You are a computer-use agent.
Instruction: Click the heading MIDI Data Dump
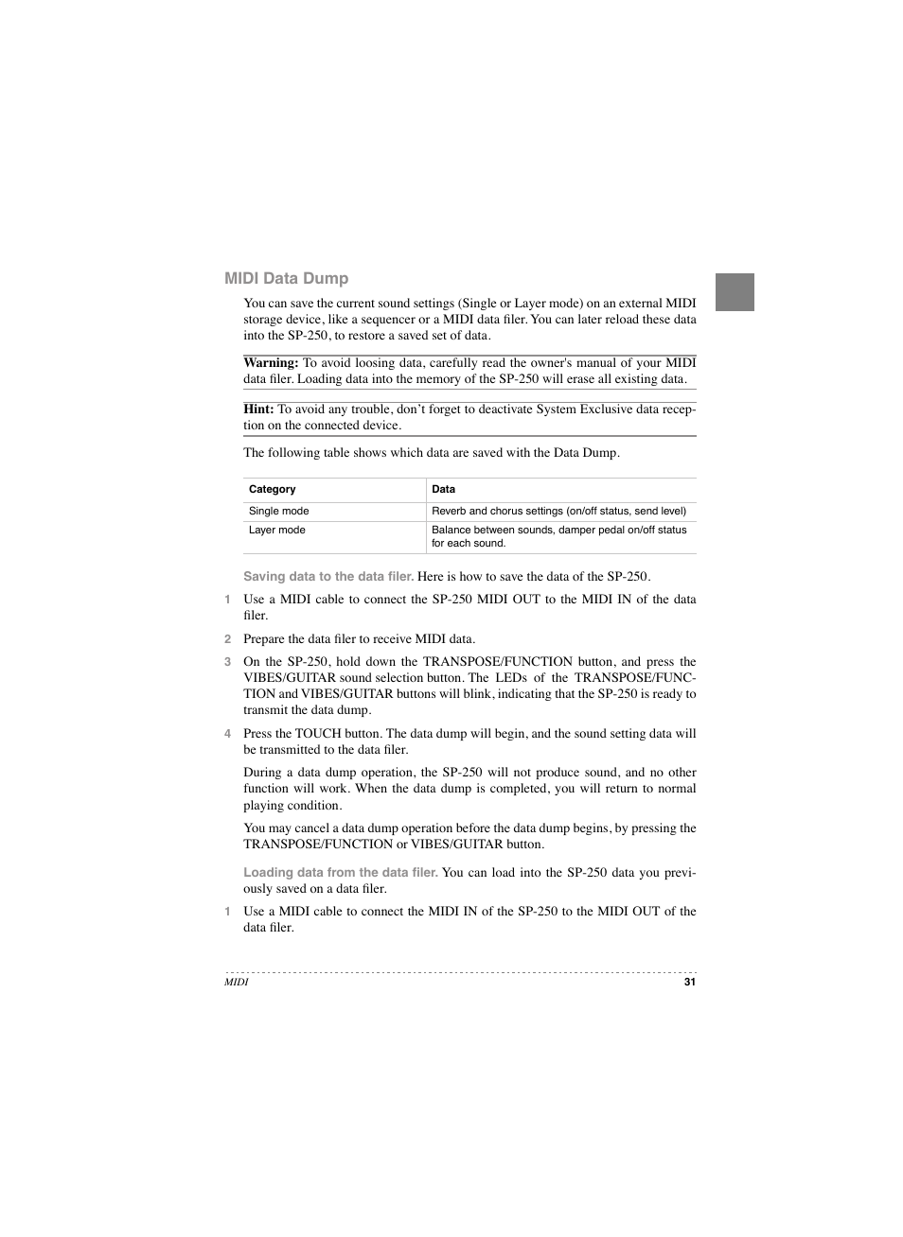(x=286, y=278)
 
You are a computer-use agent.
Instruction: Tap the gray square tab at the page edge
(x=734, y=292)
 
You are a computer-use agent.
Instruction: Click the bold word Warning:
(x=271, y=363)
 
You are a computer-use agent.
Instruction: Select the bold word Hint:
(x=258, y=409)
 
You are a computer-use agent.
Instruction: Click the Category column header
(x=272, y=490)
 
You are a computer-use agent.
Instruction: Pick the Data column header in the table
(x=443, y=490)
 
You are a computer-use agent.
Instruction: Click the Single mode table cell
(x=278, y=512)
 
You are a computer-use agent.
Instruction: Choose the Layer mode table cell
(x=276, y=531)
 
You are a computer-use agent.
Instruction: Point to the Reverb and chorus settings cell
(x=558, y=512)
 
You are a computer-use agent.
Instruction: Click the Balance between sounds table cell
(x=558, y=536)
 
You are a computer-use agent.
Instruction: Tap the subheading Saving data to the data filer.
(x=328, y=577)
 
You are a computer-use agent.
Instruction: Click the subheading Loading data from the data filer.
(x=340, y=873)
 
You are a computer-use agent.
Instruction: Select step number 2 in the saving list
(x=227, y=639)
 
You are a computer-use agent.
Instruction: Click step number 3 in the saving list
(x=227, y=662)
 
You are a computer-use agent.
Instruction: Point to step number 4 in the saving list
(x=227, y=734)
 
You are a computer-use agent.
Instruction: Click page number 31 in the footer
(x=689, y=983)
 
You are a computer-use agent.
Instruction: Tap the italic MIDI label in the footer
(x=236, y=983)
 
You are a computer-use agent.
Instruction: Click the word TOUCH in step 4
(x=317, y=734)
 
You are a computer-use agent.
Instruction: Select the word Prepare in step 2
(x=265, y=639)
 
